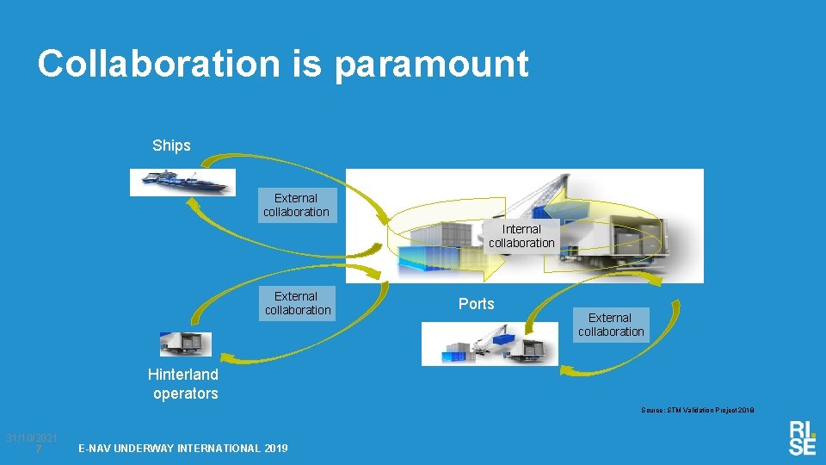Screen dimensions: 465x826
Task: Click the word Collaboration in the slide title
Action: point(158,64)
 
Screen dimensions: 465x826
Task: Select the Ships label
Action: point(171,146)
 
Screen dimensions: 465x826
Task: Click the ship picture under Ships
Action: point(182,181)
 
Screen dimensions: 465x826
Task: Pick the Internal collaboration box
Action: point(521,236)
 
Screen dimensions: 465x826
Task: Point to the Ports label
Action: point(476,304)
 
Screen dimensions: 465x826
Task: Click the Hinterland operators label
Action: point(183,384)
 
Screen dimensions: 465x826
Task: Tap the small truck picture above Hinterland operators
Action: point(185,344)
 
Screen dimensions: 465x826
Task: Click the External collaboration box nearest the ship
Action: point(296,205)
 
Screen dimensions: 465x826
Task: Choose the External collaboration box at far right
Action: point(611,325)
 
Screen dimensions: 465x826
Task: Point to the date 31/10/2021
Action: point(32,438)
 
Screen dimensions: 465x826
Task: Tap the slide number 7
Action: point(40,449)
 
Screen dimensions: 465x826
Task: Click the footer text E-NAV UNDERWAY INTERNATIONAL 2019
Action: point(183,449)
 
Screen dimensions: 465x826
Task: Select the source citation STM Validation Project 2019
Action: point(697,411)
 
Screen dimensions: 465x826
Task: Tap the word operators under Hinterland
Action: point(186,394)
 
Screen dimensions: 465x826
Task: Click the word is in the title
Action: point(306,64)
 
